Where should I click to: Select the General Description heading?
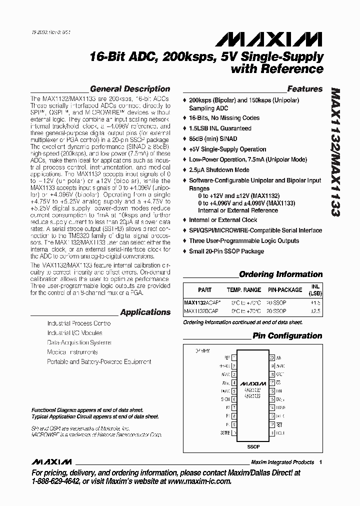[129, 89]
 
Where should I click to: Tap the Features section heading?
[304, 89]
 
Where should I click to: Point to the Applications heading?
[145, 312]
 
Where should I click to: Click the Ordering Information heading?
[280, 274]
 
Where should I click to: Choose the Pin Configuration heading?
[287, 335]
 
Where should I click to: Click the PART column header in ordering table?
[204, 289]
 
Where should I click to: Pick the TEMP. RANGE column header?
[243, 289]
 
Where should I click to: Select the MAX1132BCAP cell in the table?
[201, 311]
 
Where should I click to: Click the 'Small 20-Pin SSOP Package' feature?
[226, 251]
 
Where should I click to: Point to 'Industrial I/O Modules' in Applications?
[74, 333]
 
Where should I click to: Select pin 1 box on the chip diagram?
[233, 358]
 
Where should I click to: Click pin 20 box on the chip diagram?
[272, 358]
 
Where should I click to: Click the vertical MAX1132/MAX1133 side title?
[334, 152]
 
